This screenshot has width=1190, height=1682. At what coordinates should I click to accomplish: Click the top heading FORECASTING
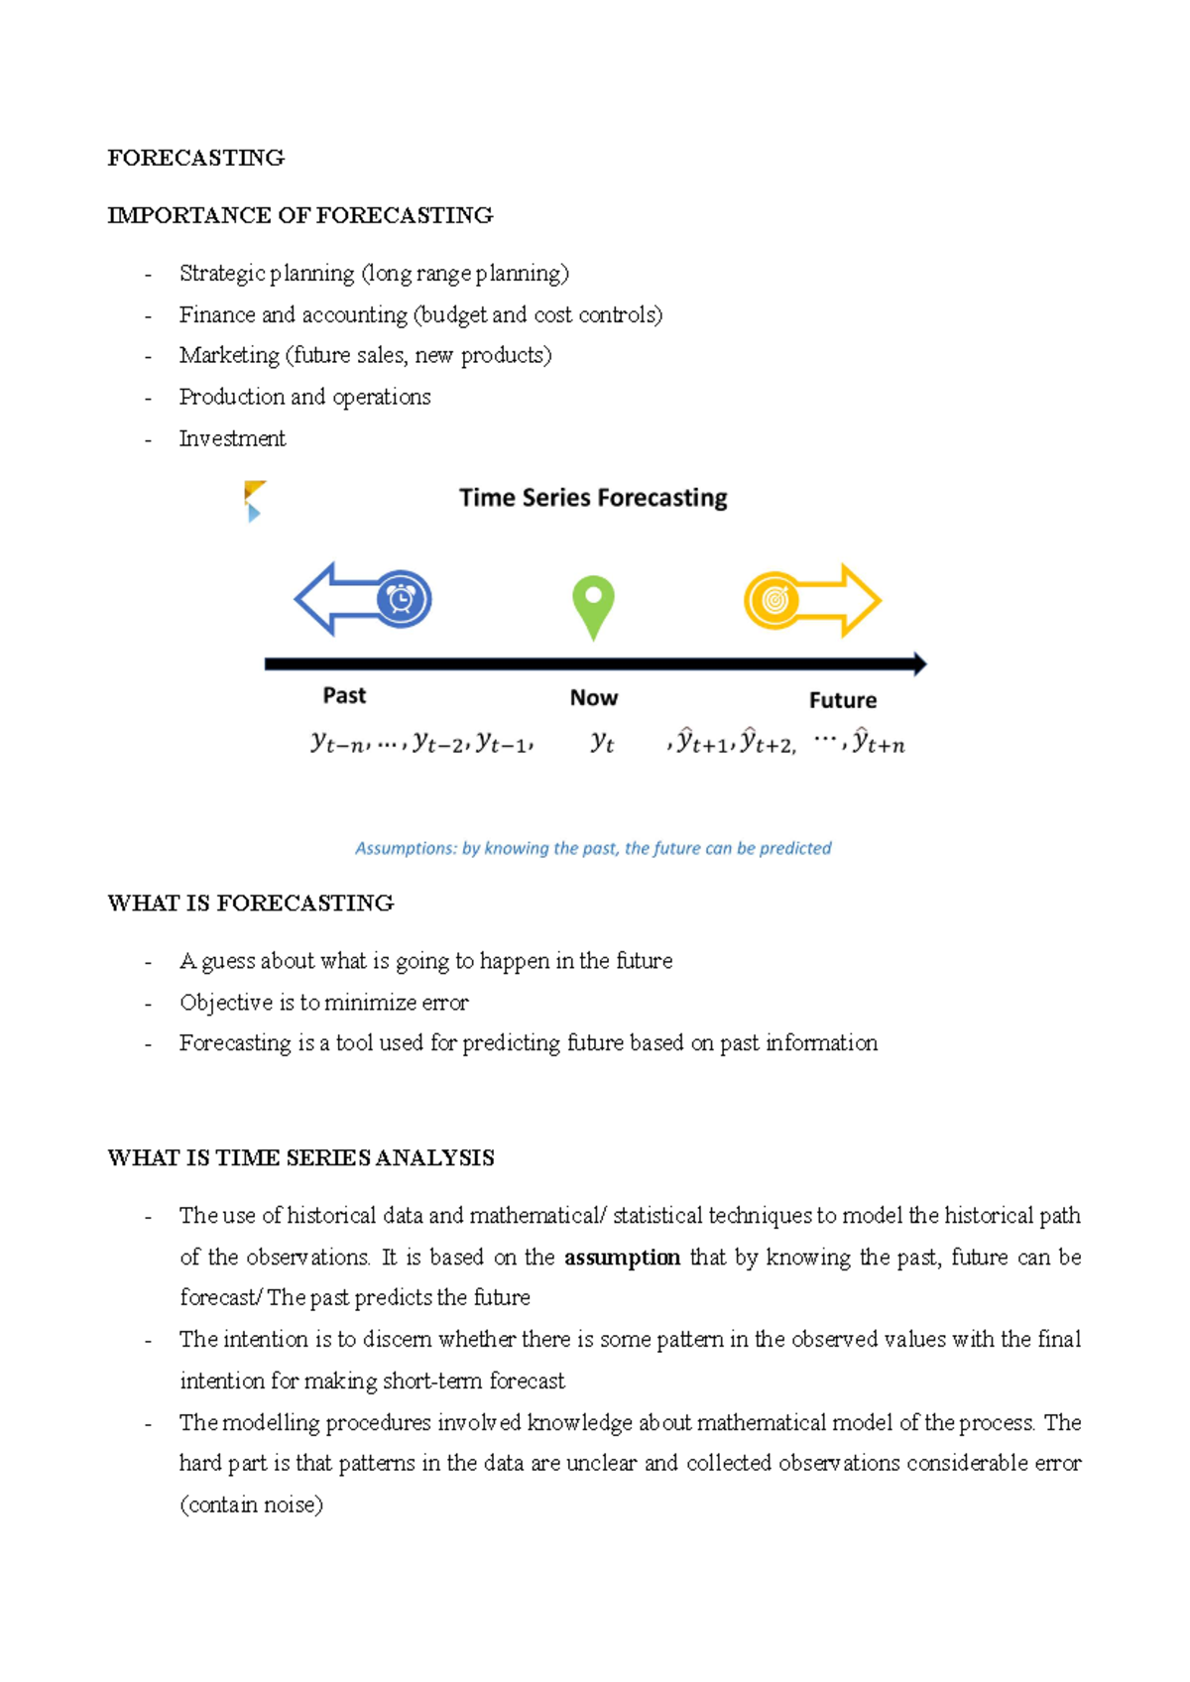coord(195,158)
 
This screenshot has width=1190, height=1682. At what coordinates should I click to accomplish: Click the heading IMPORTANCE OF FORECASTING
coord(299,215)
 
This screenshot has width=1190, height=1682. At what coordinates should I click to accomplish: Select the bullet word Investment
coord(232,438)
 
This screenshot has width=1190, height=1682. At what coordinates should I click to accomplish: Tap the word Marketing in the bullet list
coord(229,355)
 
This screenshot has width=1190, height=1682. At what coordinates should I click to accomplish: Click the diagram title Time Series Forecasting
coord(593,498)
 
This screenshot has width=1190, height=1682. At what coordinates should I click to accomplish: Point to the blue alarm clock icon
coord(402,599)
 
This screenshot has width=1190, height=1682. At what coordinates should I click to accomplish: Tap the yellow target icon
coord(773,600)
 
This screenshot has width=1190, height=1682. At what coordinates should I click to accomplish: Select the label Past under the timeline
coord(344,695)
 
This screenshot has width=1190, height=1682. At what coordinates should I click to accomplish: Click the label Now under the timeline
coord(593,698)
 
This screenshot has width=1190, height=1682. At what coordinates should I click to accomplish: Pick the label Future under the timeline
coord(842,700)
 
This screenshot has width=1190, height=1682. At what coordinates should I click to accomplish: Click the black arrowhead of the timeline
coord(919,663)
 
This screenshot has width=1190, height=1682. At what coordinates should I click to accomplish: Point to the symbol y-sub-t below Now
coord(602,742)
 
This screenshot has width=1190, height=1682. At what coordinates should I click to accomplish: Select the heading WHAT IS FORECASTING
coord(250,902)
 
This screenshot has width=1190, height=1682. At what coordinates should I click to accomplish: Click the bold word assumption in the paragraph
coord(622,1258)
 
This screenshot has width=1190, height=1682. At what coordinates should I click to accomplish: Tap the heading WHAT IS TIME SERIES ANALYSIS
coord(300,1157)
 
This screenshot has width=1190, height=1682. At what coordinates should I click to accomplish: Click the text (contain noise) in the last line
coord(251,1504)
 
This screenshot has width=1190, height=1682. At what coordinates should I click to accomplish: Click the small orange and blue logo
coord(254,501)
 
